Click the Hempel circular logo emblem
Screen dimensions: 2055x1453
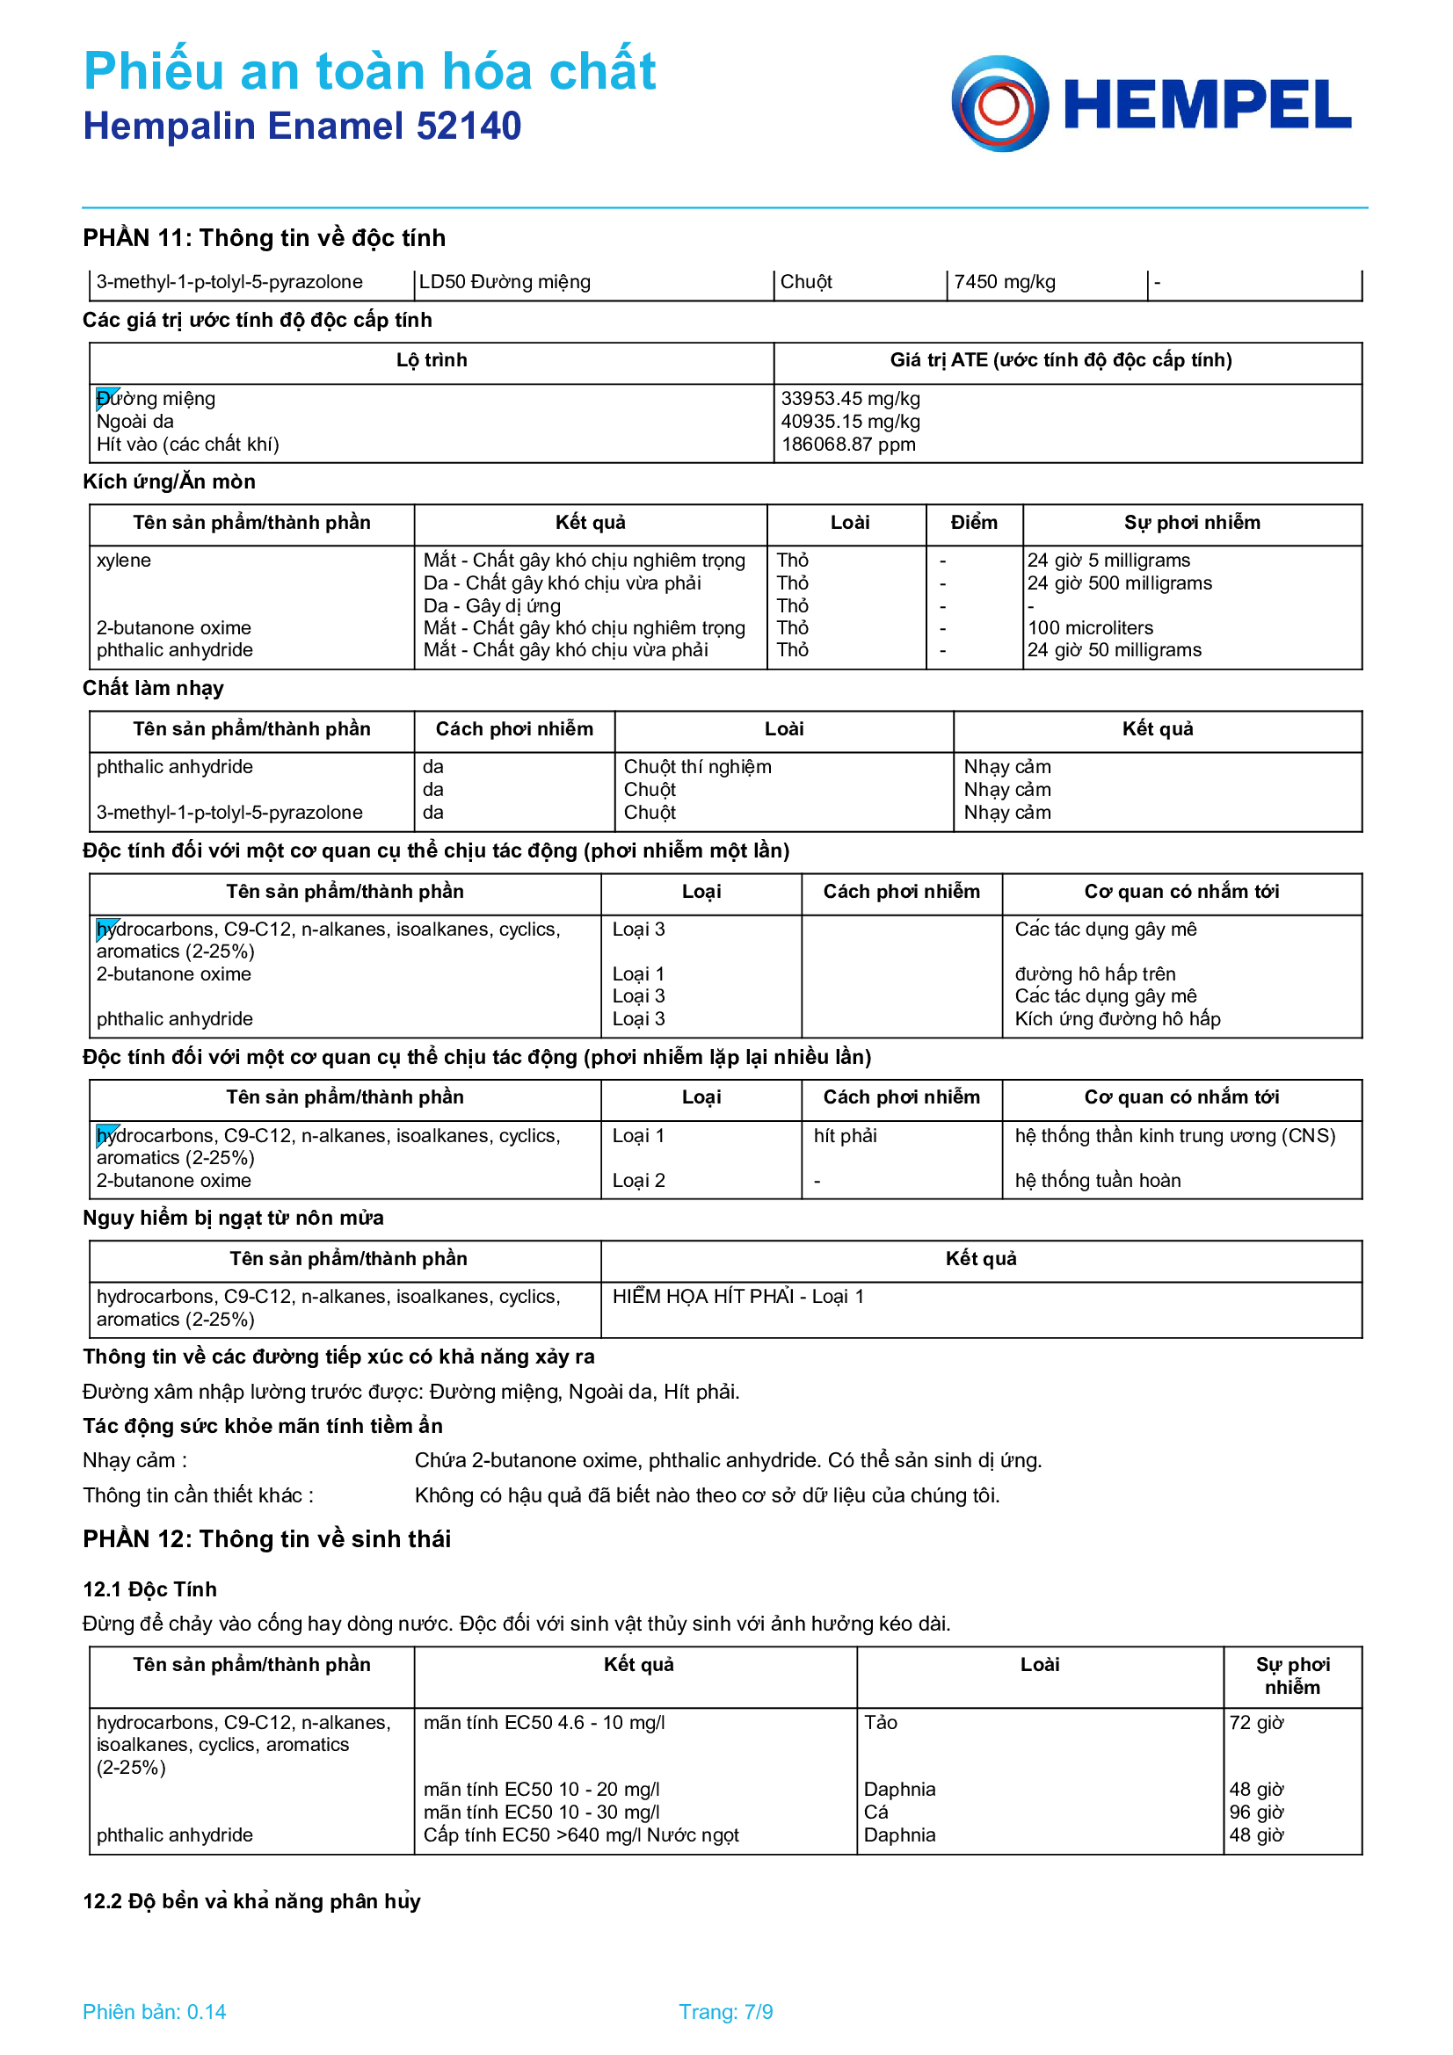[999, 104]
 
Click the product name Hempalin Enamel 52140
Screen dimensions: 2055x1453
[301, 127]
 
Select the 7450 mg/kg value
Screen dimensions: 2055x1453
[1004, 282]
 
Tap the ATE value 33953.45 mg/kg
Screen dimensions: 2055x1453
[850, 398]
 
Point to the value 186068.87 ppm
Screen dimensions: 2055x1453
[848, 444]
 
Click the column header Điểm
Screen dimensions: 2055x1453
[973, 523]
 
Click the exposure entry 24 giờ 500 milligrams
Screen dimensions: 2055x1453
[1119, 582]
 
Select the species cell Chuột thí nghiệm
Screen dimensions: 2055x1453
[696, 767]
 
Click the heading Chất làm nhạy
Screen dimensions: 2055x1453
[153, 688]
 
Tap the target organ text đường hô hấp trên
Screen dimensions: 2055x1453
[1094, 973]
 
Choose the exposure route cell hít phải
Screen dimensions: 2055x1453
[844, 1136]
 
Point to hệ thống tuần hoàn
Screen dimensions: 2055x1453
[1097, 1181]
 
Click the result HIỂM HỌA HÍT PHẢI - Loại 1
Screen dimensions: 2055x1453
[737, 1297]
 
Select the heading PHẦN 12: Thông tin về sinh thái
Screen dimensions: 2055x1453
[267, 1539]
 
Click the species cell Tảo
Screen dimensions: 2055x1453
[880, 1723]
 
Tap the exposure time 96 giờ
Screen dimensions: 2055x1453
[1255, 1813]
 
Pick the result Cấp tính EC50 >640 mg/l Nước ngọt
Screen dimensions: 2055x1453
[580, 1834]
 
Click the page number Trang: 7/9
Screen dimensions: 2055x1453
[725, 2012]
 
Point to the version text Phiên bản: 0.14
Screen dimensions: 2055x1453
[154, 2012]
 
